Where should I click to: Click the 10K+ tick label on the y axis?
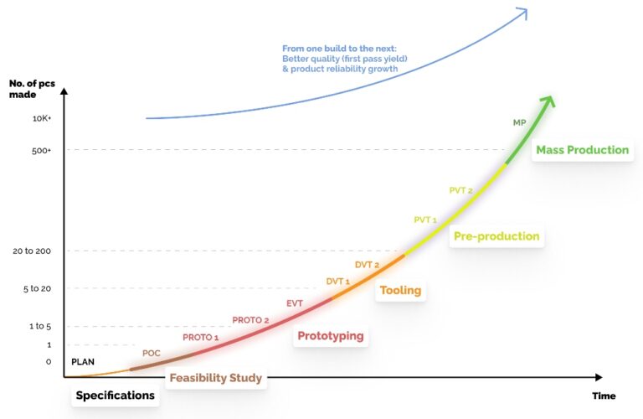point(41,119)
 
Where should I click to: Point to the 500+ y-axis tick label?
point(41,150)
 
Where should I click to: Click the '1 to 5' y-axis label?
point(38,327)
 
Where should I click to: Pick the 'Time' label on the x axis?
point(604,396)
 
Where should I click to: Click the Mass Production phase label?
point(582,150)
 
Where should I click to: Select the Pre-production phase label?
point(496,236)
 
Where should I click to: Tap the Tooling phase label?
point(400,291)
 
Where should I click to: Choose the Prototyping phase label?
point(331,336)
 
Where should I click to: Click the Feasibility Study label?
point(216,378)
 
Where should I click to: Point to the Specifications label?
point(116,396)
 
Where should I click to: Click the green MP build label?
point(520,123)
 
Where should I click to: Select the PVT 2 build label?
point(460,191)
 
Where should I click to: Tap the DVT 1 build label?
point(338,282)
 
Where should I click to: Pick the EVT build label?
point(295,303)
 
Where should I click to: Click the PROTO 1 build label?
point(201,337)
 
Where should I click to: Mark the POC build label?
point(152,353)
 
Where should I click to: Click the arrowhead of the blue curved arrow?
point(522,13)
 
